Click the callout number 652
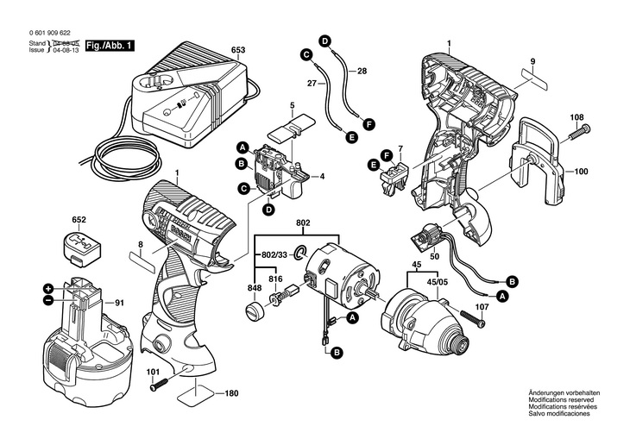pyautogui.click(x=79, y=220)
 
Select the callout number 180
pyautogui.click(x=231, y=394)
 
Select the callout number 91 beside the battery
pyautogui.click(x=119, y=303)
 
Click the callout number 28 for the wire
pyautogui.click(x=362, y=70)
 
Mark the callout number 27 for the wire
pyautogui.click(x=312, y=84)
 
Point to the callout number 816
pyautogui.click(x=275, y=279)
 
